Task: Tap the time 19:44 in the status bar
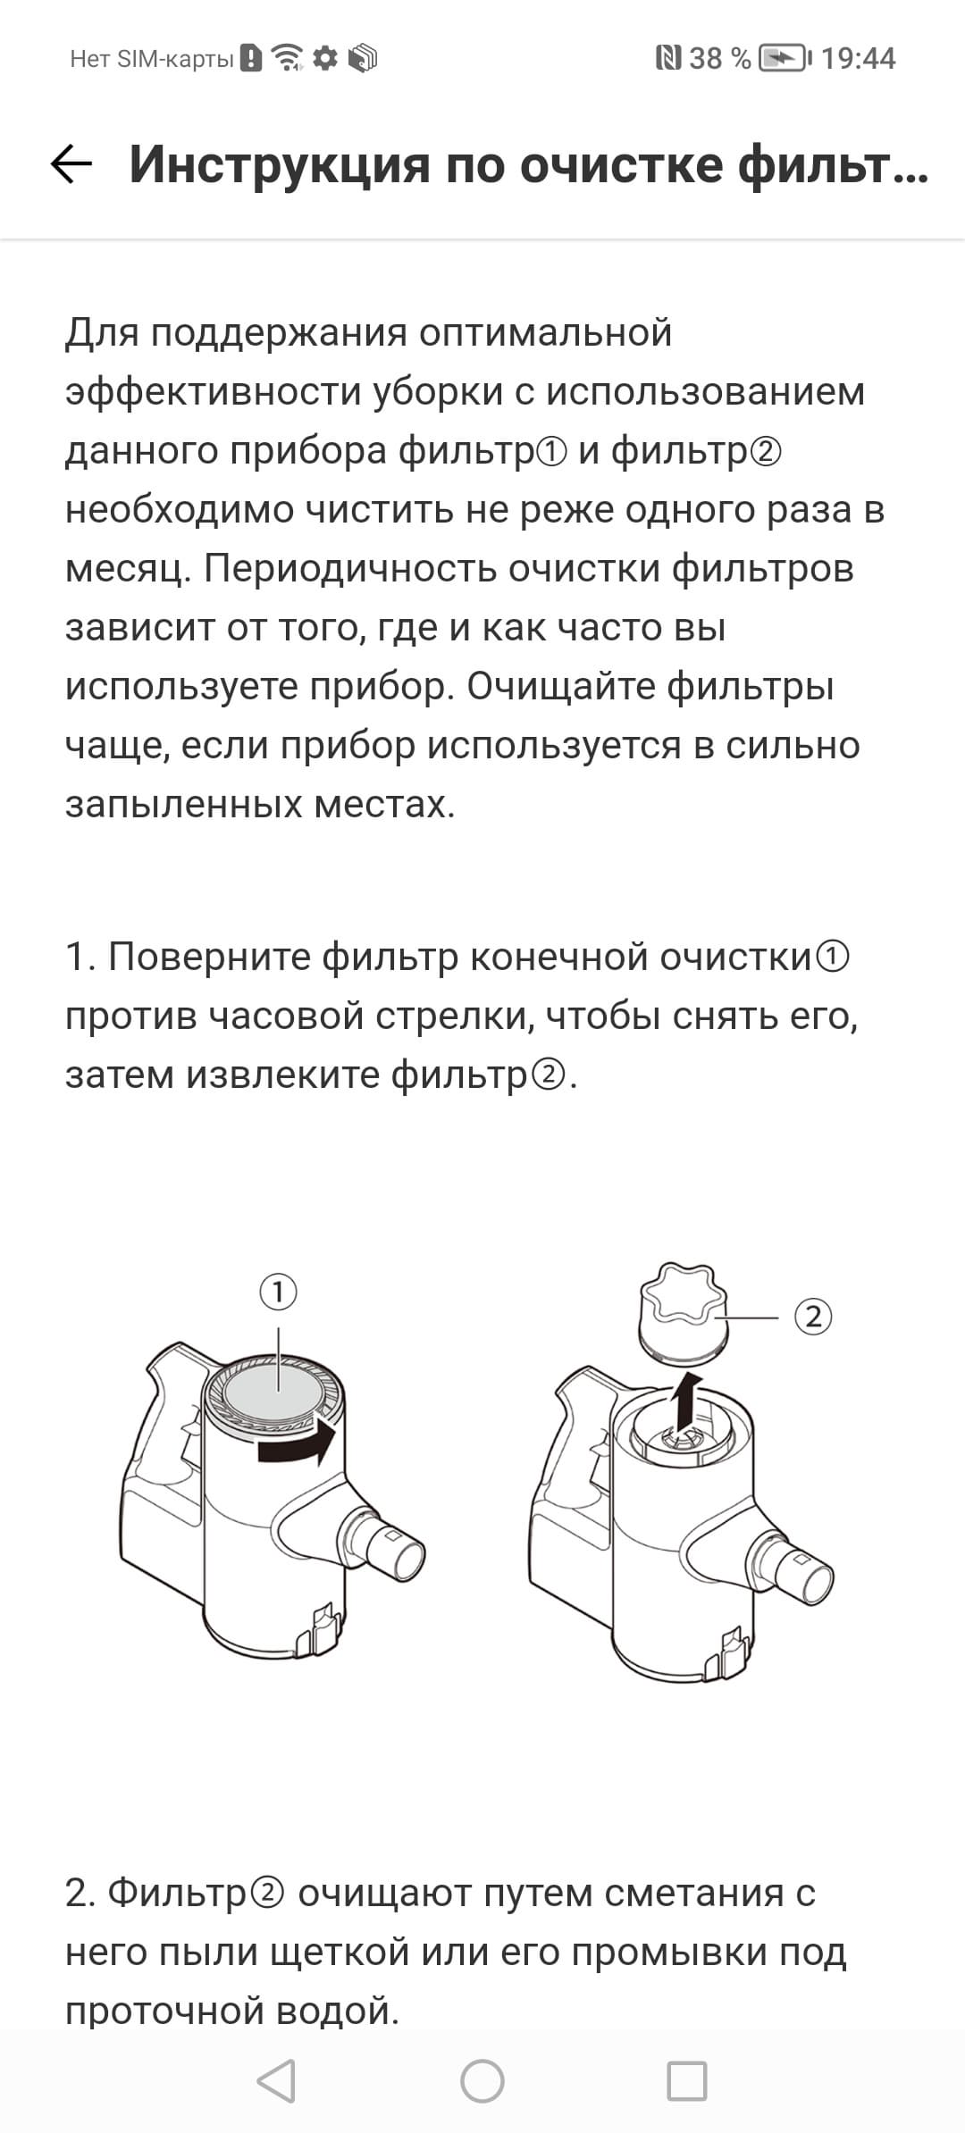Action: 858,59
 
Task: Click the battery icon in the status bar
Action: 785,59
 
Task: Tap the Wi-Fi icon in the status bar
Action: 288,58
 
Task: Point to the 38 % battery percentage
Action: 720,59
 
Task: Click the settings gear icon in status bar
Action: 326,58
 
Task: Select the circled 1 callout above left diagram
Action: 279,1292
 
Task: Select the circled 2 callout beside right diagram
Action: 813,1317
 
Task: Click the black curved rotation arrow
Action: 296,1444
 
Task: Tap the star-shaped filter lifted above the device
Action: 684,1312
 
